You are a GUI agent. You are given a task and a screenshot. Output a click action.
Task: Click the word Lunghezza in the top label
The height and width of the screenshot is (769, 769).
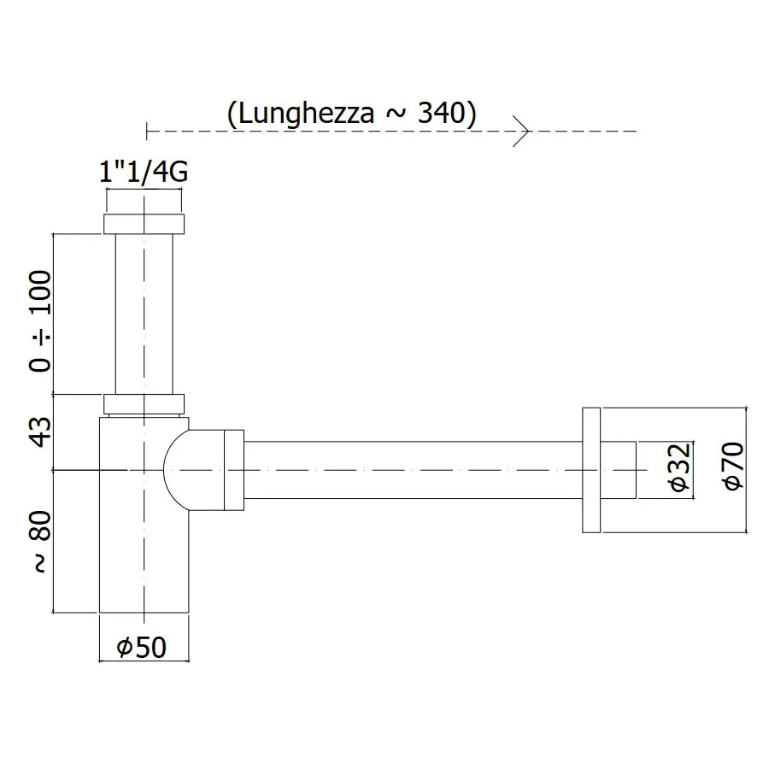(306, 114)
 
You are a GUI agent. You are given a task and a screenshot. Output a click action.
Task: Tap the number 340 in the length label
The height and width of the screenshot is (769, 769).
(441, 114)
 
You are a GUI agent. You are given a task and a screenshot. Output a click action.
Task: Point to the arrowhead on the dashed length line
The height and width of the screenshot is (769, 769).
(521, 131)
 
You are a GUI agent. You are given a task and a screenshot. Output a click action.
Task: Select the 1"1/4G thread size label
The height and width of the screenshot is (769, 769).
(144, 172)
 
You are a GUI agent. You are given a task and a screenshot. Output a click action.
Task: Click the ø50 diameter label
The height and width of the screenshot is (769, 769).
(142, 648)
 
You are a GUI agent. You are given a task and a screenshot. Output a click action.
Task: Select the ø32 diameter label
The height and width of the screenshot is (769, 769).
(680, 467)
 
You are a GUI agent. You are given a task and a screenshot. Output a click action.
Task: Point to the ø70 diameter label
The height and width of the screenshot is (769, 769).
(734, 466)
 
